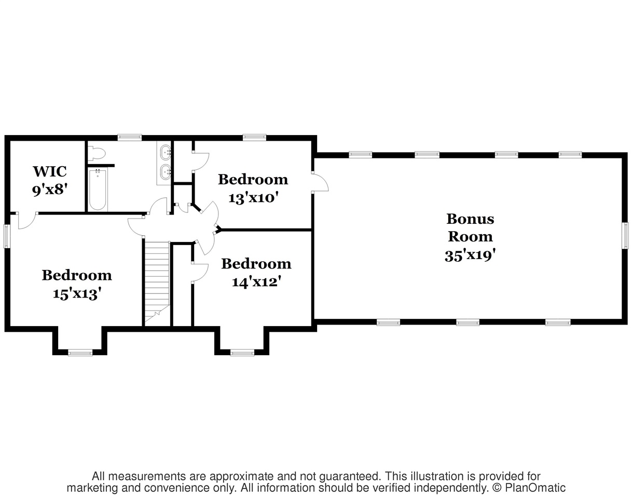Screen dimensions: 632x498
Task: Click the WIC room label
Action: [50, 172]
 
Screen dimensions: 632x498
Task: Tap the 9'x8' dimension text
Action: [50, 190]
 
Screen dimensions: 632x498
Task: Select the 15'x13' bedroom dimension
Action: [77, 294]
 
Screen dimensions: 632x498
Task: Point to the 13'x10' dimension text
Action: [253, 198]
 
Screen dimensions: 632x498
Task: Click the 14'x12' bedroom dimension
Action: [257, 282]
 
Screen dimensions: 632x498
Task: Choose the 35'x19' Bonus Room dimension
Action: [470, 255]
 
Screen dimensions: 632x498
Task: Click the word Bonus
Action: [470, 219]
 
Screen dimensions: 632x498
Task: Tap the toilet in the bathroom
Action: [97, 154]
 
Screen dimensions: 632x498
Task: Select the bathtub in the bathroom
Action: [98, 190]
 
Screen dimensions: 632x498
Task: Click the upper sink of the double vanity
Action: [166, 152]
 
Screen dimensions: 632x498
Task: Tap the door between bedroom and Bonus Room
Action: [321, 182]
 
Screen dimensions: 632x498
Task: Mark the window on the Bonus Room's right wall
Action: [626, 235]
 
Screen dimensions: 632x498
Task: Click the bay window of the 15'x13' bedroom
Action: [80, 353]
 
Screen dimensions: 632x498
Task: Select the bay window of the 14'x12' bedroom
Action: [242, 353]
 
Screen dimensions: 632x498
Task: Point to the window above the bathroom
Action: [130, 137]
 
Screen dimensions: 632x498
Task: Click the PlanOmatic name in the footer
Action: [535, 488]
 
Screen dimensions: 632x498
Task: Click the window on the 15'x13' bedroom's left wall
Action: [6, 236]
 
